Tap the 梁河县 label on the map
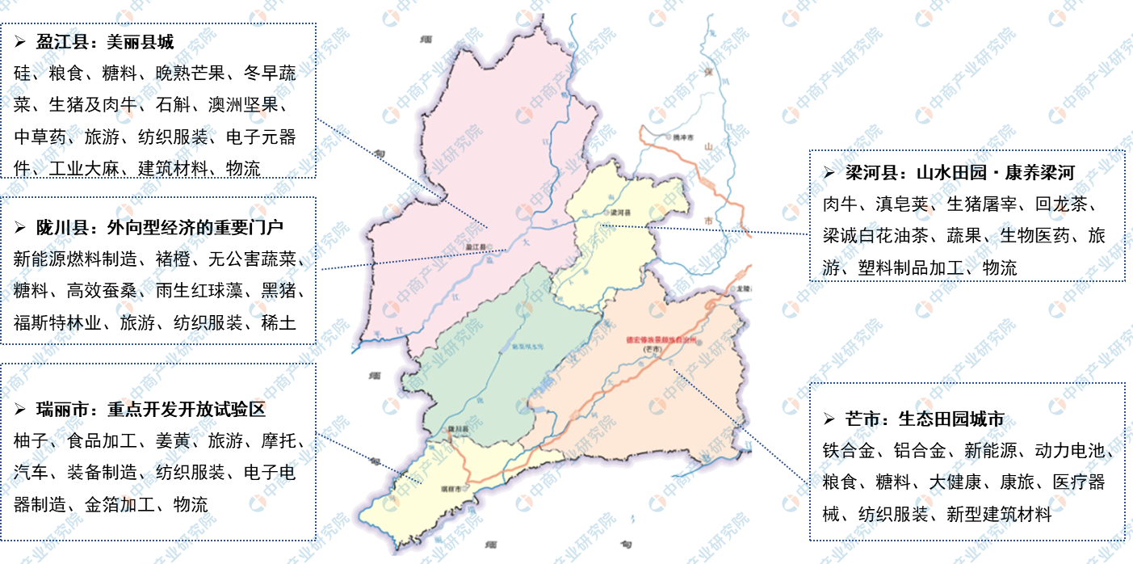pos(619,212)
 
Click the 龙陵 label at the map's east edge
pos(745,288)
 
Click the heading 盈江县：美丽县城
pos(105,42)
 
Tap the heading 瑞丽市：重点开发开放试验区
pos(150,409)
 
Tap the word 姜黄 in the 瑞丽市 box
pos(172,441)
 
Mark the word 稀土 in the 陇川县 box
pos(279,322)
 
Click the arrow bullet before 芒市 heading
pos(828,419)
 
